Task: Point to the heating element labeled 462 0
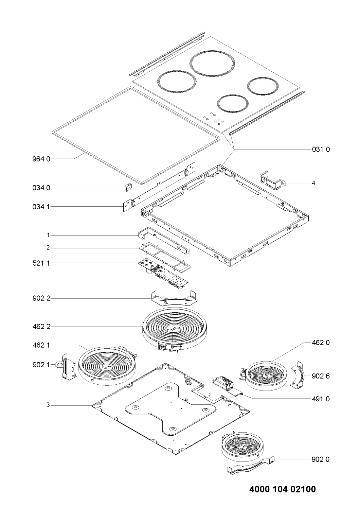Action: pos(267,375)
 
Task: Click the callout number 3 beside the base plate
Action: pos(48,405)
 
